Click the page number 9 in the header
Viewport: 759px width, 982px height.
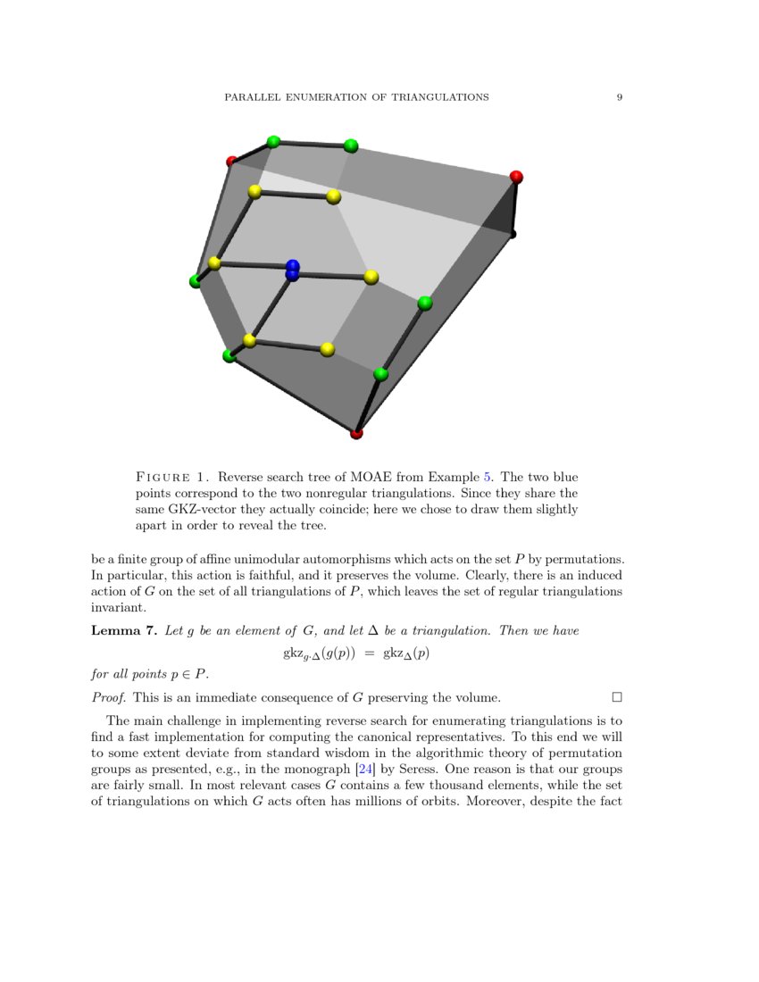click(619, 96)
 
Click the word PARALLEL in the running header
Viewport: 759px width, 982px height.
click(253, 96)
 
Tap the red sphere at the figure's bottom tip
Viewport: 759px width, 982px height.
click(357, 434)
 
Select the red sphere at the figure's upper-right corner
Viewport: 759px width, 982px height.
click(516, 178)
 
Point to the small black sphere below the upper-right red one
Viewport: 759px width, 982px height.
click(513, 234)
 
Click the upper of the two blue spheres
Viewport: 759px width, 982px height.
click(293, 266)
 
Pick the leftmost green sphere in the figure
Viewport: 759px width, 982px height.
click(196, 281)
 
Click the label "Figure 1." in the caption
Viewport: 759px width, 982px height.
click(173, 477)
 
